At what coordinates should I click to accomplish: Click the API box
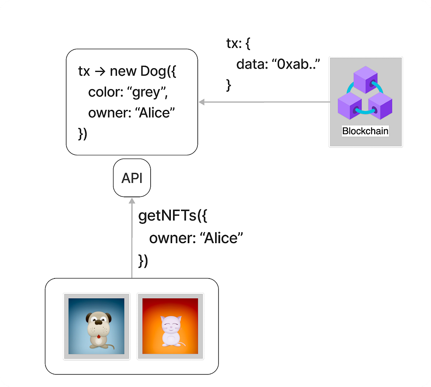pyautogui.click(x=132, y=178)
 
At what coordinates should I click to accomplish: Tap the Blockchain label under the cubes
pyautogui.click(x=365, y=131)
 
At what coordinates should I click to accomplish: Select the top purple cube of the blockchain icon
pyautogui.click(x=366, y=80)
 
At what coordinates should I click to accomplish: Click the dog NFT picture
pyautogui.click(x=96, y=326)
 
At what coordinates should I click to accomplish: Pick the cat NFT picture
pyautogui.click(x=170, y=326)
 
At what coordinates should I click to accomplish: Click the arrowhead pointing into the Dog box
pyautogui.click(x=202, y=102)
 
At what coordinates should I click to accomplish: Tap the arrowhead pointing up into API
pyautogui.click(x=132, y=201)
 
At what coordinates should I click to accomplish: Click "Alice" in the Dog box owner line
pyautogui.click(x=155, y=113)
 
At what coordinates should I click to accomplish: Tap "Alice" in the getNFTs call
pyautogui.click(x=221, y=238)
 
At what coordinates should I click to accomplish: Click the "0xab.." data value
pyautogui.click(x=296, y=64)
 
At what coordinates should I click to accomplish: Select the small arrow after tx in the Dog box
pyautogui.click(x=100, y=72)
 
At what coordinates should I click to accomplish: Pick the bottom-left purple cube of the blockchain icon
pyautogui.click(x=350, y=106)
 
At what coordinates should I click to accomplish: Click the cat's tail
pyautogui.click(x=182, y=344)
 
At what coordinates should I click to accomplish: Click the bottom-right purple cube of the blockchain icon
pyautogui.click(x=380, y=106)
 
